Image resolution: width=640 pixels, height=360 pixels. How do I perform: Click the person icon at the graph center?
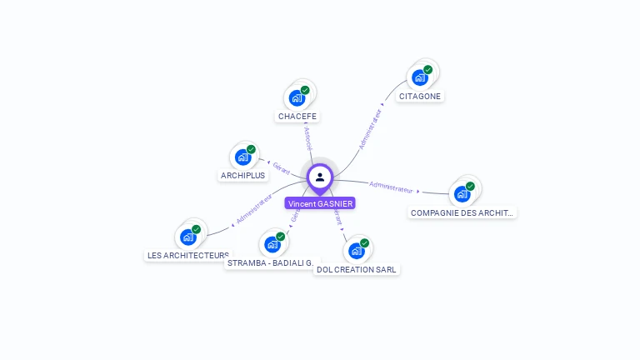coord(320,177)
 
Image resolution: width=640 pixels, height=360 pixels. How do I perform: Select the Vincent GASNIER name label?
coord(320,203)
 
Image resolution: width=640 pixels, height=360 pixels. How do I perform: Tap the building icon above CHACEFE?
coord(297,97)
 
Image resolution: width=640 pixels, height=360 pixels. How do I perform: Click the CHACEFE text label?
coord(297,116)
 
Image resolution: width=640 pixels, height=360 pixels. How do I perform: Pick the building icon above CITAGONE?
coord(420,77)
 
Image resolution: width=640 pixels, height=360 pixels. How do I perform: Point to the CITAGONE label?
coord(420,96)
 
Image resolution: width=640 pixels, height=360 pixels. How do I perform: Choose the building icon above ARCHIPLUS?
coord(243,157)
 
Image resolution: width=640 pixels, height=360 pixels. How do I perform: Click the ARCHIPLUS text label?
coord(242,175)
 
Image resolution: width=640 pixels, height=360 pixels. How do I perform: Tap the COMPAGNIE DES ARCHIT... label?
coord(462,212)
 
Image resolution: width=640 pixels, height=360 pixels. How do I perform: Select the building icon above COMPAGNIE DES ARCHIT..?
coord(462,194)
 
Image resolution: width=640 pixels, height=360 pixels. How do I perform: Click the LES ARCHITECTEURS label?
coord(187,255)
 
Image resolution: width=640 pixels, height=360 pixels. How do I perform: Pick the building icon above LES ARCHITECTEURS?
coord(188,237)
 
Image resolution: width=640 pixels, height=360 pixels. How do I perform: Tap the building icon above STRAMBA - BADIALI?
coord(272,244)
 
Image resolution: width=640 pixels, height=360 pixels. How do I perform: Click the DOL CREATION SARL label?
coord(357,269)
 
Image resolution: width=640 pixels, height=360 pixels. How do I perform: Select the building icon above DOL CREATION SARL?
coord(357,250)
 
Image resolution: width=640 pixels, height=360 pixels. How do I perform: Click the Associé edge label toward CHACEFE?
coord(307,137)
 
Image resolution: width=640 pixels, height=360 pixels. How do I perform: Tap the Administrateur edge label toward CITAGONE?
coord(370,128)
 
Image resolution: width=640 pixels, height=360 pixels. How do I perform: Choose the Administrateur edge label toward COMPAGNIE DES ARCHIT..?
coord(391,187)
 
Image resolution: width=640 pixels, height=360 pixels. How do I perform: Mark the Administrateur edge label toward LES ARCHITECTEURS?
coord(253,209)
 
